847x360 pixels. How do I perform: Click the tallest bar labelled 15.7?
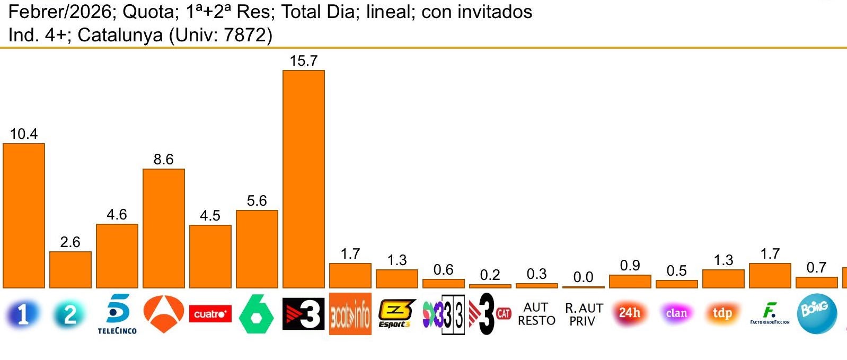point(303,179)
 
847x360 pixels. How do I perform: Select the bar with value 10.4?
point(24,215)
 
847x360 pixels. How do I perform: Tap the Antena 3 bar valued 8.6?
point(164,228)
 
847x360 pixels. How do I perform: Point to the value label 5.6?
point(257,201)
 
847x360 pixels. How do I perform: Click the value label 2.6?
point(70,242)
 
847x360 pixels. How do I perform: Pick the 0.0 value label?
point(583,277)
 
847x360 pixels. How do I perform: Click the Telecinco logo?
point(117,314)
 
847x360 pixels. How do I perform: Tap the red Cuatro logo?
point(210,314)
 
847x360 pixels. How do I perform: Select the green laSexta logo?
point(257,314)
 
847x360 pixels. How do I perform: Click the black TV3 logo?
point(303,314)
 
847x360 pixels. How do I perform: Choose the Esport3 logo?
point(396,314)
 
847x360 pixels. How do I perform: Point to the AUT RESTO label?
point(536,314)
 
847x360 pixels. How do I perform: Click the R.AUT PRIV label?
point(584,314)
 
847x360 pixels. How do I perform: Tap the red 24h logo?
point(630,313)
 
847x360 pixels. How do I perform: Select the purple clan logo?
point(676,313)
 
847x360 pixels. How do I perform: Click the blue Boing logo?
point(816,314)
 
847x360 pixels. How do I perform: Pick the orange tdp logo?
point(722,313)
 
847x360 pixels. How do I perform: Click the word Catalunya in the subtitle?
point(120,35)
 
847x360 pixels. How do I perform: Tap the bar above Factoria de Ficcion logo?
point(770,276)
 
